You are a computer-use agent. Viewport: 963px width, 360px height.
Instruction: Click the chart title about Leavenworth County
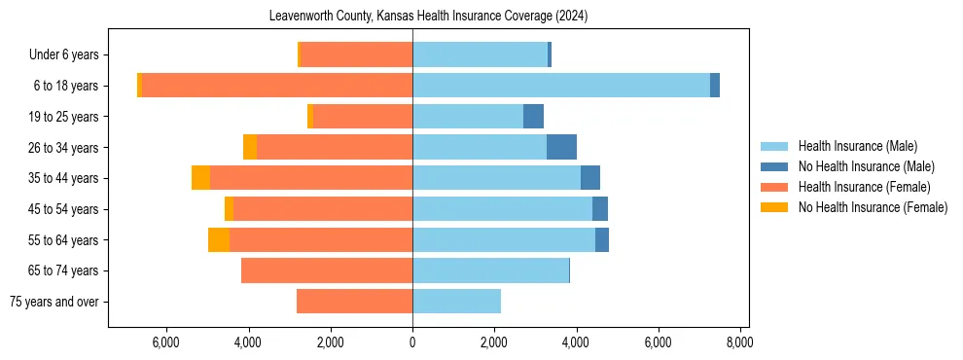(428, 16)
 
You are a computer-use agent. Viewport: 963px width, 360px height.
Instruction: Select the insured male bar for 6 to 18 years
(560, 86)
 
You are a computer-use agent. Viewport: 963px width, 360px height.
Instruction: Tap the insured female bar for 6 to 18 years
(277, 86)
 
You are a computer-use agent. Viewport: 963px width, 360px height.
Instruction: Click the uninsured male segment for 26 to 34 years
(561, 147)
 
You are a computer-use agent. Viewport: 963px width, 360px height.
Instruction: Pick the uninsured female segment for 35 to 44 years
(200, 178)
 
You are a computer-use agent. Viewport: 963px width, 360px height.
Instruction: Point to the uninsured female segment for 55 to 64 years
(219, 239)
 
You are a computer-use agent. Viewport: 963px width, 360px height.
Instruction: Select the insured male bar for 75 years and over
(456, 302)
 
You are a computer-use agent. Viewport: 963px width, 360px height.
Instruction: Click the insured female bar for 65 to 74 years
(327, 270)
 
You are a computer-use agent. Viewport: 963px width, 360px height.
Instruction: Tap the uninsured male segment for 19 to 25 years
(533, 117)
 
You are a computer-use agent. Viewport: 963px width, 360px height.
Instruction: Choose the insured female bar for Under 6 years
(356, 54)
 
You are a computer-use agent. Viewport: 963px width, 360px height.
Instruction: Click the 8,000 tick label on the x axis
(740, 342)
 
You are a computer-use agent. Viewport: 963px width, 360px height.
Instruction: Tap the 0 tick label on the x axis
(412, 342)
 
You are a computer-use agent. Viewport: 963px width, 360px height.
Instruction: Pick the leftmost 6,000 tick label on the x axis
(166, 342)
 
